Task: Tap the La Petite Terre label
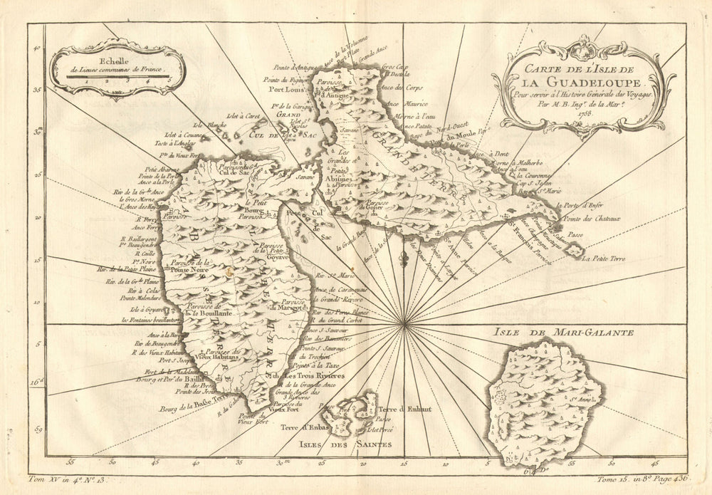(x=600, y=268)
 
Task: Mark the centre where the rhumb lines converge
(x=404, y=325)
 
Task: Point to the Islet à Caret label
(x=239, y=116)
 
